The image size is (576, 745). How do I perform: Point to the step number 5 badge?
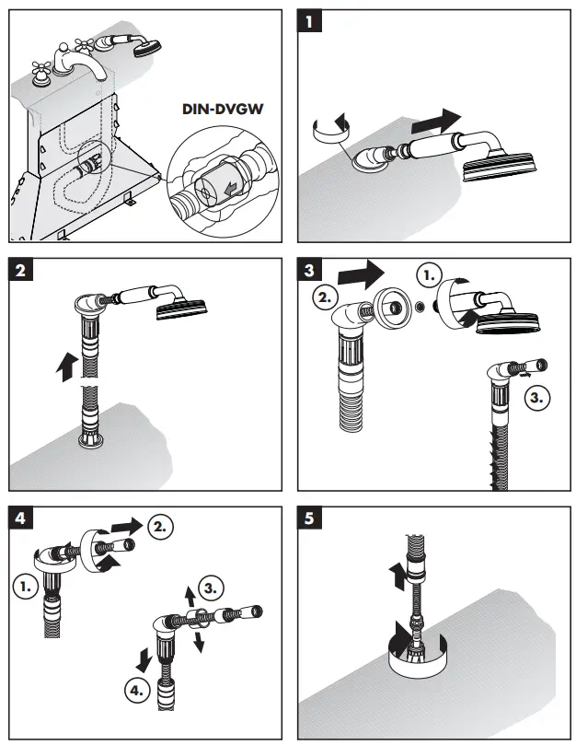(x=313, y=517)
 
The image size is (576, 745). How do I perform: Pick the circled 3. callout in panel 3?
(x=537, y=399)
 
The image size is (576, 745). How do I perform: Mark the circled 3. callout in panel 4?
(x=213, y=586)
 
